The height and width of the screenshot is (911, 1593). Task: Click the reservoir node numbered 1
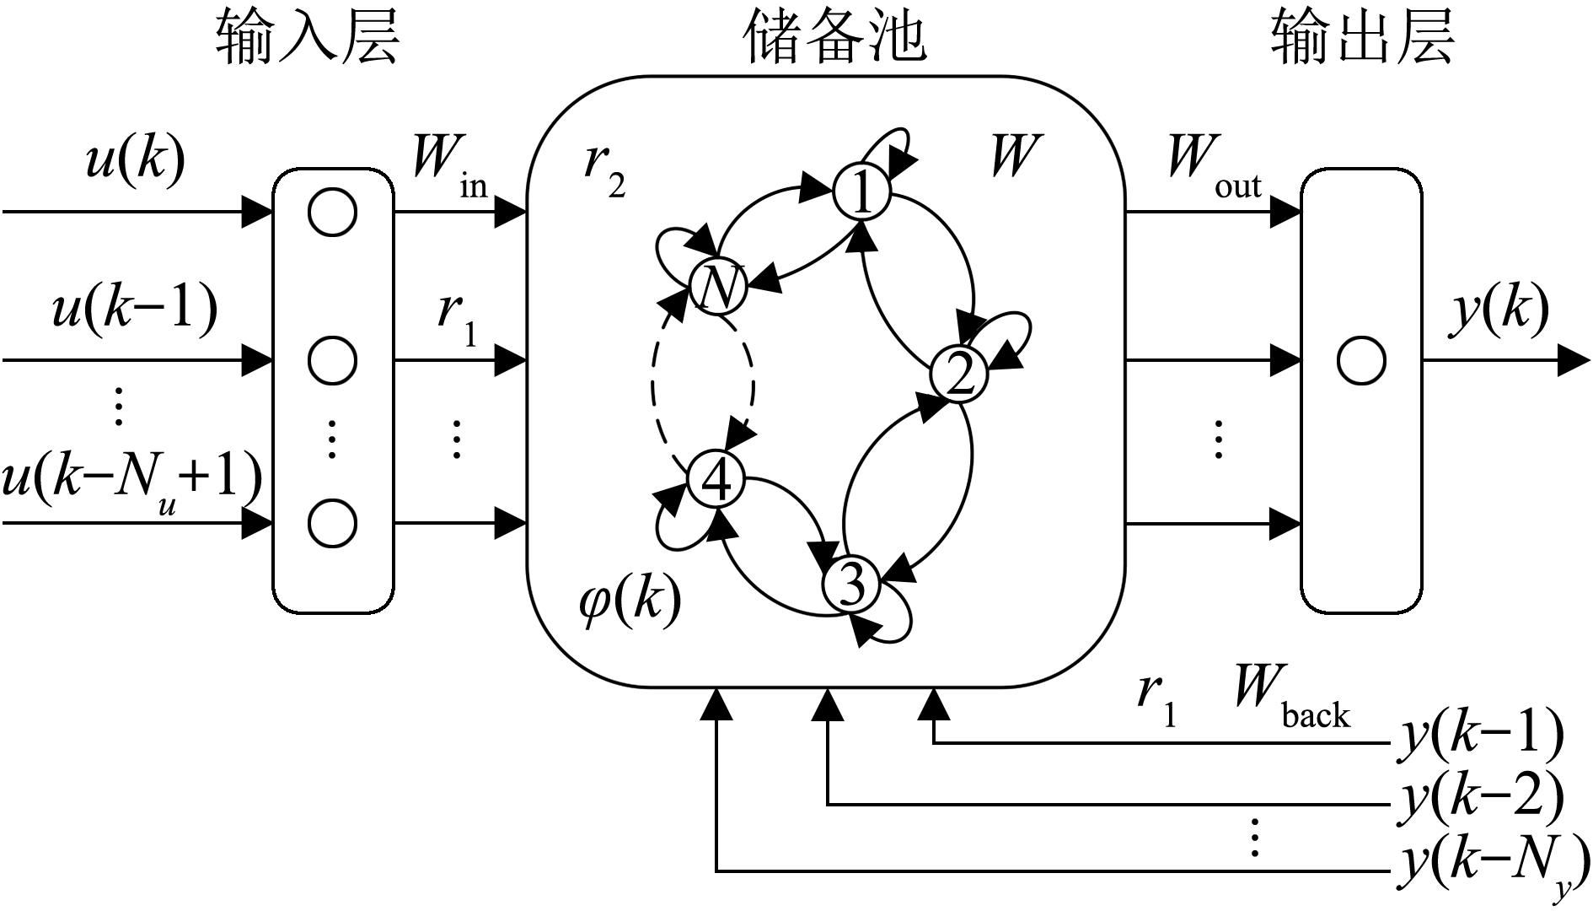pyautogui.click(x=861, y=191)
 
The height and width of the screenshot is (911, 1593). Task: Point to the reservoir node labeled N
pyautogui.click(x=718, y=287)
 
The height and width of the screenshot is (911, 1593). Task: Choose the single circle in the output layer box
pyautogui.click(x=1360, y=361)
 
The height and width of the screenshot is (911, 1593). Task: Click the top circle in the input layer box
pyautogui.click(x=332, y=212)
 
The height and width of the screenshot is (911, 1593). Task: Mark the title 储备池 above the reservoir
pyautogui.click(x=834, y=38)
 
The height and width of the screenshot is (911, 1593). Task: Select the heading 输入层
pyautogui.click(x=308, y=38)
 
